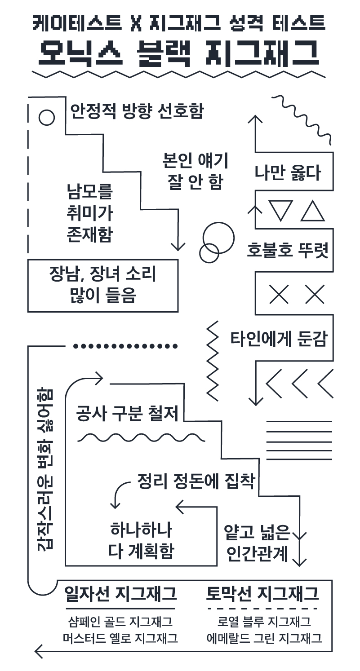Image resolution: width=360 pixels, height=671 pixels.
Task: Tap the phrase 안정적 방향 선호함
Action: coord(137,111)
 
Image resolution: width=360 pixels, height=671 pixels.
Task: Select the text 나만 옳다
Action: coord(288,173)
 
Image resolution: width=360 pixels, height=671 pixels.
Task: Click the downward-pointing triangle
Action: coord(280,210)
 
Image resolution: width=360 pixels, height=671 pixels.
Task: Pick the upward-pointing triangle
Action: coord(313,210)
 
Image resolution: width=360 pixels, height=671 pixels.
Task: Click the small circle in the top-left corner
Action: coord(47,118)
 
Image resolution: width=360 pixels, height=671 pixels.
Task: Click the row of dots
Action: coord(125,346)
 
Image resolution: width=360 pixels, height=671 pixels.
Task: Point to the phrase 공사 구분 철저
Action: coord(128,414)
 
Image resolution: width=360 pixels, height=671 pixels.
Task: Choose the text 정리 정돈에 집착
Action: coord(196,482)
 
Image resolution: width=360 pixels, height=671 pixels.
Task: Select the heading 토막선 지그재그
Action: coord(263,594)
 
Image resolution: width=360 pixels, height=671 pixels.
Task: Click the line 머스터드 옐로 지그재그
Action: coord(120,638)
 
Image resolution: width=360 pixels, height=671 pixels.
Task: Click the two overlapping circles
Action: coord(216,243)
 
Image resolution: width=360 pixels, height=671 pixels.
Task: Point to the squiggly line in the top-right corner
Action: coord(304,118)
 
